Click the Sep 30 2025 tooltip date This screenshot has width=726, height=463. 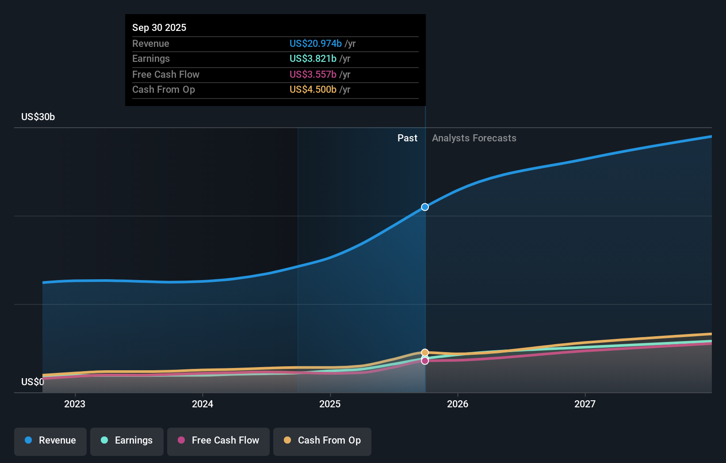[x=159, y=27]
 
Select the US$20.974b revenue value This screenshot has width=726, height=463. [x=315, y=43]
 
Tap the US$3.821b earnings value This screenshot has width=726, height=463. [x=313, y=58]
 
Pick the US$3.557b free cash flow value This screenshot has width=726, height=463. [x=313, y=74]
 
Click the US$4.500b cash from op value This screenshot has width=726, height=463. [x=313, y=89]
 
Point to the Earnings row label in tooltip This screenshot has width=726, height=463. [x=151, y=58]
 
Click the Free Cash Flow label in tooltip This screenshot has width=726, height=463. [x=165, y=74]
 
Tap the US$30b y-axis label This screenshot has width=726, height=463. [x=38, y=117]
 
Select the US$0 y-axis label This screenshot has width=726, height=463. [x=33, y=382]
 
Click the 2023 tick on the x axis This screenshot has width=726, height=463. [x=75, y=404]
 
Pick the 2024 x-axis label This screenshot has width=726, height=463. [x=203, y=404]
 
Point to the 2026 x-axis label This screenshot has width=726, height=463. [x=458, y=404]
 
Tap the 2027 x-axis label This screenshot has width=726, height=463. [x=585, y=404]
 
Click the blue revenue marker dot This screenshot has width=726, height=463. [x=425, y=207]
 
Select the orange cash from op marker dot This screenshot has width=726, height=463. [x=425, y=353]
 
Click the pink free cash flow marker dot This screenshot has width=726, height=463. [x=425, y=361]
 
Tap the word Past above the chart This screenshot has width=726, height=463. [x=407, y=138]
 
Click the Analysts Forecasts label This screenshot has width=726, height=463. [x=474, y=138]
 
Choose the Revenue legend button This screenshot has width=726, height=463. [x=50, y=441]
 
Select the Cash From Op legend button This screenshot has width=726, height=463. [x=322, y=441]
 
